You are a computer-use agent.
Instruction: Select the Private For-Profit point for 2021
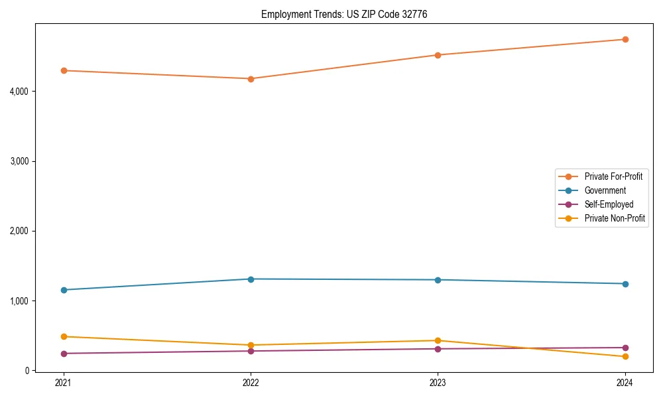pyautogui.click(x=64, y=70)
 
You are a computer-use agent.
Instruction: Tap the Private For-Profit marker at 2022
pyautogui.click(x=251, y=79)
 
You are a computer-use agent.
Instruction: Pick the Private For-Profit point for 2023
pyautogui.click(x=438, y=55)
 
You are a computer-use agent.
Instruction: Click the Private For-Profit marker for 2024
pyautogui.click(x=625, y=39)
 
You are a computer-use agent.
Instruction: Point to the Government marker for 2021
pyautogui.click(x=64, y=290)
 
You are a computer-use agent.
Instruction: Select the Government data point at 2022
pyautogui.click(x=251, y=279)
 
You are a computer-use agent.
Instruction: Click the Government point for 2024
pyautogui.click(x=625, y=284)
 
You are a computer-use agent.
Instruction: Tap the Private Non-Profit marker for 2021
pyautogui.click(x=64, y=336)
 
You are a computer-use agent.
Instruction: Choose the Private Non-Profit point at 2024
pyautogui.click(x=625, y=357)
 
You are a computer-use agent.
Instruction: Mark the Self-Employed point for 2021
pyautogui.click(x=64, y=354)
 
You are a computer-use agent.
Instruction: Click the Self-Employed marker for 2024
pyautogui.click(x=625, y=348)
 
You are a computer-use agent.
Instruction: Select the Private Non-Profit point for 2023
pyautogui.click(x=438, y=340)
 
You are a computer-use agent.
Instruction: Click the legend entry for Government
pyautogui.click(x=605, y=190)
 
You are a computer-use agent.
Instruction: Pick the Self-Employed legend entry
pyautogui.click(x=609, y=204)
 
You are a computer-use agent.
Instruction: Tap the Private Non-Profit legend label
pyautogui.click(x=615, y=218)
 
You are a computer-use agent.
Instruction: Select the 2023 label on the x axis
pyautogui.click(x=438, y=383)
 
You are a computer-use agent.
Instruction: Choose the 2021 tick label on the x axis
pyautogui.click(x=64, y=383)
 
